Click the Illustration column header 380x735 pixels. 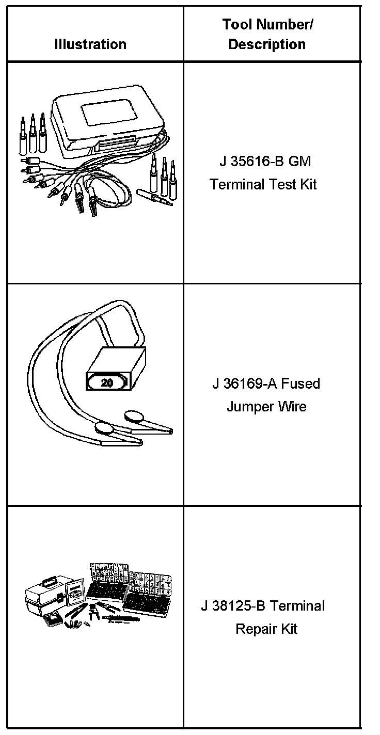pyautogui.click(x=90, y=44)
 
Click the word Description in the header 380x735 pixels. pyautogui.click(x=267, y=44)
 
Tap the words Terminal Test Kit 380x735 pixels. pyautogui.click(x=263, y=184)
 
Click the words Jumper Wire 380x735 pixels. pyautogui.click(x=266, y=407)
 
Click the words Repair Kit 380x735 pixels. pyautogui.click(x=266, y=629)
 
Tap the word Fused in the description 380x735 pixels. pyautogui.click(x=301, y=384)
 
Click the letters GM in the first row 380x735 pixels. pyautogui.click(x=299, y=162)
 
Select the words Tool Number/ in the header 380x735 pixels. pyautogui.click(x=267, y=24)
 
